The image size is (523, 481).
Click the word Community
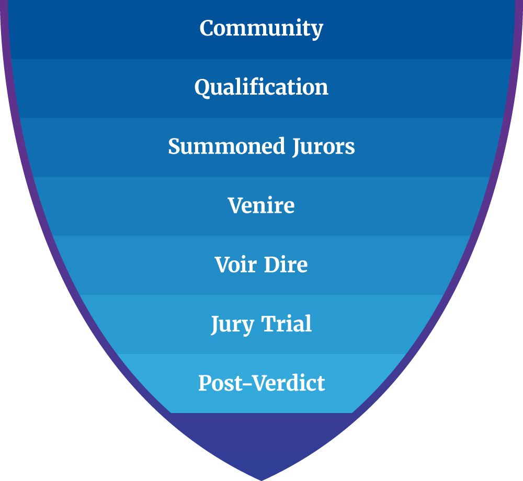tap(261, 28)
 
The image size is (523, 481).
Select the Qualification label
tap(261, 87)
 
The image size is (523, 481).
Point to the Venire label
tap(261, 205)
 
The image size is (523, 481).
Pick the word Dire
tap(286, 265)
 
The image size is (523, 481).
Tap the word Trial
tap(287, 324)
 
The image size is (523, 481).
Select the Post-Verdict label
tap(261, 383)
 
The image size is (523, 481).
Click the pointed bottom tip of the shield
tap(261, 478)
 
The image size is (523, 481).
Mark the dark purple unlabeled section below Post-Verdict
tap(261, 439)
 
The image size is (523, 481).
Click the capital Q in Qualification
tap(202, 87)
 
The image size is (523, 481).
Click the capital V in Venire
tap(235, 205)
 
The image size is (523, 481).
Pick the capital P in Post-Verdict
tap(205, 383)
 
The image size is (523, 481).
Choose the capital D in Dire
tap(271, 265)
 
